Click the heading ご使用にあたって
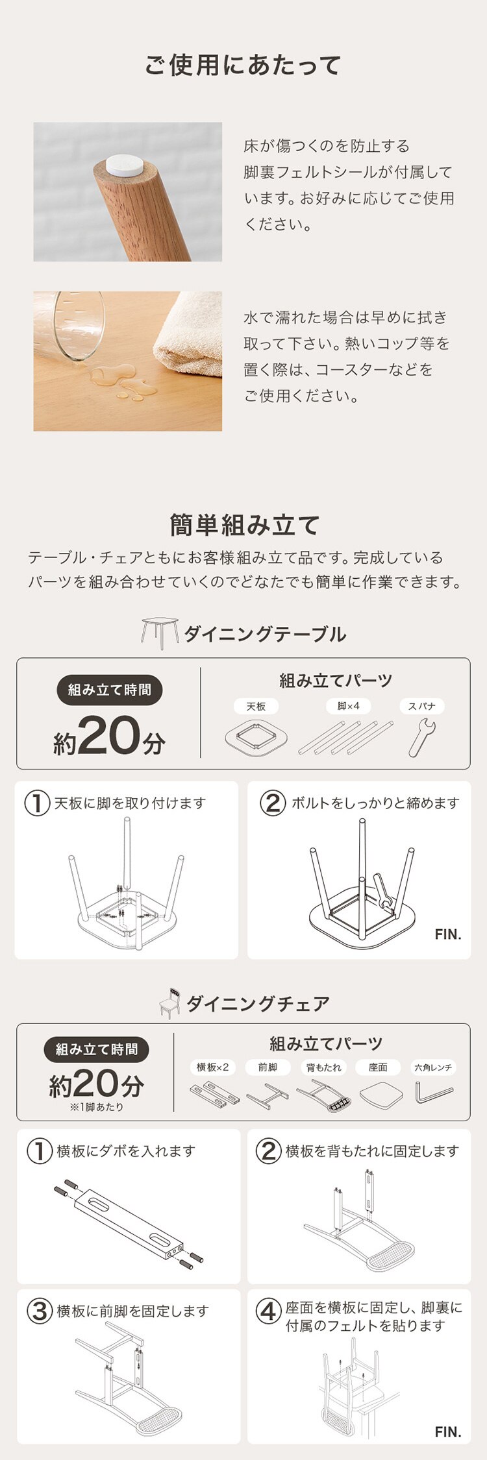pos(243,66)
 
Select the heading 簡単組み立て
pos(244,525)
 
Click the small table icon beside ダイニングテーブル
pos(159,633)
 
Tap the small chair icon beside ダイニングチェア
pos(170,1003)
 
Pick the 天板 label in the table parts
pos(256,706)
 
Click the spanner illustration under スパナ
pos(422,738)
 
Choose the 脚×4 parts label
pos(348,706)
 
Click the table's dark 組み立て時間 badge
pos(109,690)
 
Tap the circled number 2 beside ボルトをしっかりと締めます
pos(273,803)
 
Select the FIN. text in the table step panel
pos(448,934)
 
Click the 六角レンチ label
pos(433,1067)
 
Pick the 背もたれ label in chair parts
pos(324,1067)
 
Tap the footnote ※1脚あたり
pos(96,1107)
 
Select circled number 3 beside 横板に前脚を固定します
pos(40,1311)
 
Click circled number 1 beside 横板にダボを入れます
pos(40,1151)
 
